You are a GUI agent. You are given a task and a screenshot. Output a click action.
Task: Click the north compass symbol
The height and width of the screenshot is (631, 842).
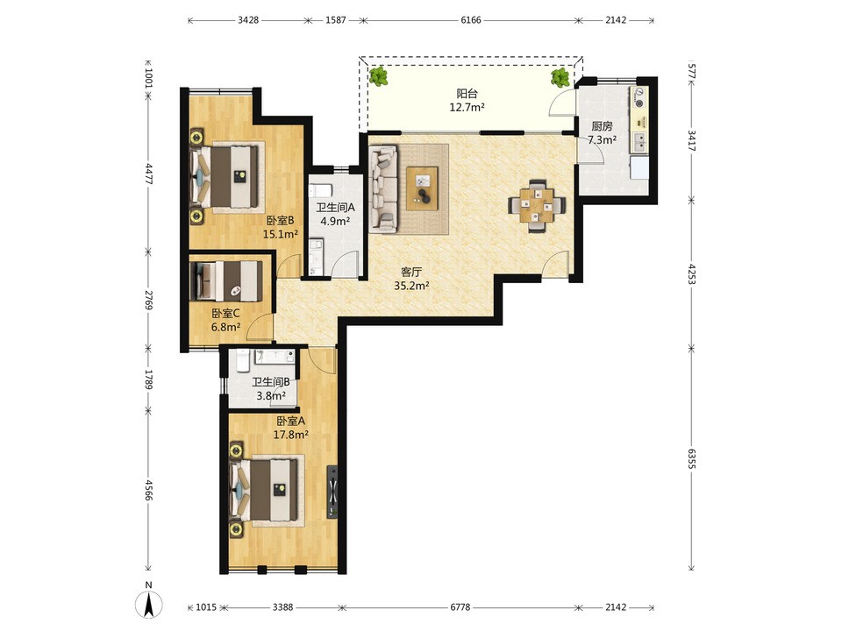pos(149,602)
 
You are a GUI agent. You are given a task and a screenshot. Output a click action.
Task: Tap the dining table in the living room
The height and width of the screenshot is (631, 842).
pos(537,204)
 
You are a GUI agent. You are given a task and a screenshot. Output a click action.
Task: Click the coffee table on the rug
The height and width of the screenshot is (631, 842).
pos(422,188)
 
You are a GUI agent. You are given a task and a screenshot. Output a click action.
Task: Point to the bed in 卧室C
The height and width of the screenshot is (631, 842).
pos(226,281)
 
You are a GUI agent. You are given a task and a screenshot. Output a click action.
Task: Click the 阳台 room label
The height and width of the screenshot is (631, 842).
pos(467,94)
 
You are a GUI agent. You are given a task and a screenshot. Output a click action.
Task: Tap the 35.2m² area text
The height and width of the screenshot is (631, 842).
pos(412,286)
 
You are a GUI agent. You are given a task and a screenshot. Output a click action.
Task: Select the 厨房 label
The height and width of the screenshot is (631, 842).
pos(602,126)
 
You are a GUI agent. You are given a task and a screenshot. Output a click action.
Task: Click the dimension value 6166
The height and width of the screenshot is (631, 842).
pos(471,20)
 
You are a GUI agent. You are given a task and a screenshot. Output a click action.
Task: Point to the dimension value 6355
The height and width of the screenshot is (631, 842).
pos(692,459)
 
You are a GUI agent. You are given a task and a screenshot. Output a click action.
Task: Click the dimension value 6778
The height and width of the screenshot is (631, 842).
pos(460,607)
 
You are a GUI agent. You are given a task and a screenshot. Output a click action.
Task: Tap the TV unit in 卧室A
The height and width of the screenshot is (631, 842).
pos(332,492)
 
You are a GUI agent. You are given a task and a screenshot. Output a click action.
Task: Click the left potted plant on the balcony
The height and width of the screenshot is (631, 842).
pos(379,77)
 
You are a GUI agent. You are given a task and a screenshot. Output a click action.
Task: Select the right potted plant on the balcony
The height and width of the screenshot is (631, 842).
pos(560,77)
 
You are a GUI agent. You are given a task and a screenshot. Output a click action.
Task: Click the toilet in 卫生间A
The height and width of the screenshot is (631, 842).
pos(319,190)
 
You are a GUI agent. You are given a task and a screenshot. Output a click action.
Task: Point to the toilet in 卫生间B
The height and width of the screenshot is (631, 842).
pos(242,360)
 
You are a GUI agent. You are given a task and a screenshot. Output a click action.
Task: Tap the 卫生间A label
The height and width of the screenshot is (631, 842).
pos(336,207)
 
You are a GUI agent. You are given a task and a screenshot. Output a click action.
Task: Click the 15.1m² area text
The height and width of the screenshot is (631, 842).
pos(281,234)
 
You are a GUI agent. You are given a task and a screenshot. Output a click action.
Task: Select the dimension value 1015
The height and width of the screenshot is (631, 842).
pos(205,607)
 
